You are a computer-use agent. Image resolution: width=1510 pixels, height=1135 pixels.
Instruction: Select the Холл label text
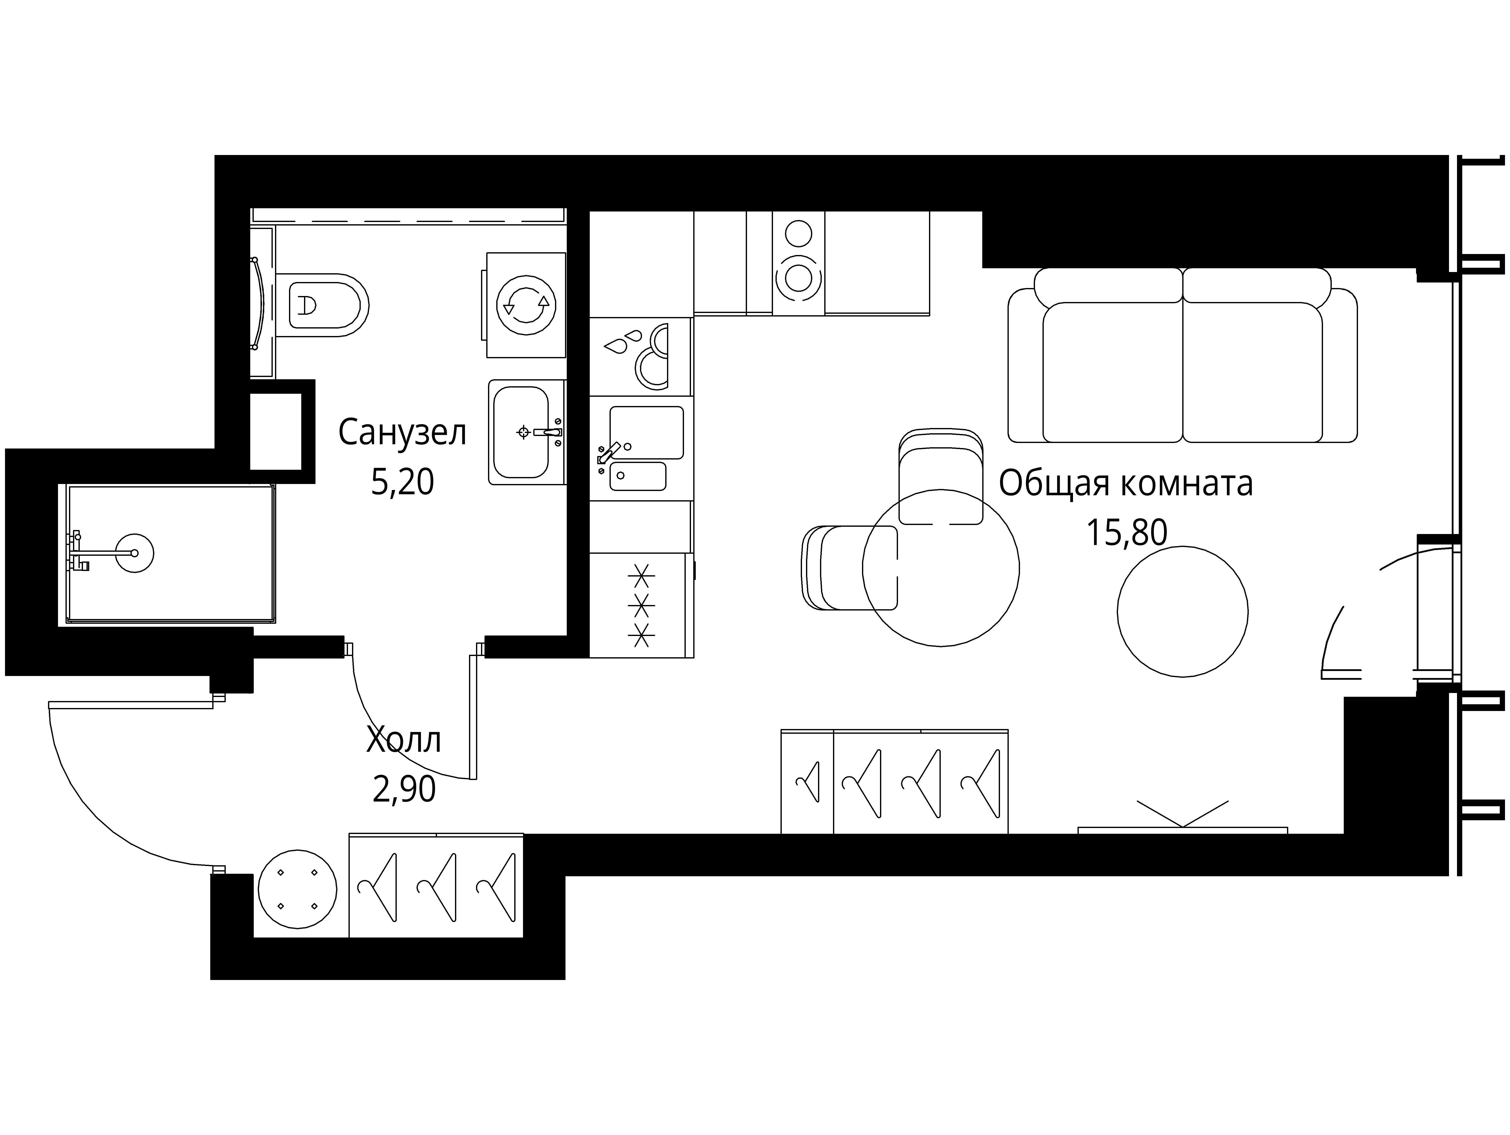pyautogui.click(x=403, y=740)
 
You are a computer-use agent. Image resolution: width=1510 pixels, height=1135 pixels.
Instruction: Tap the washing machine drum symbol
pyautogui.click(x=526, y=304)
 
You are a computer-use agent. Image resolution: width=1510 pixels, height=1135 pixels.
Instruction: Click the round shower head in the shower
pyautogui.click(x=134, y=553)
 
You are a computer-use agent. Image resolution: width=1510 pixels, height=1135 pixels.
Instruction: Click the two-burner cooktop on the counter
pyautogui.click(x=799, y=263)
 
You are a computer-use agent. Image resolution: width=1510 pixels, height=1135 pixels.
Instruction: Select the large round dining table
pyautogui.click(x=941, y=568)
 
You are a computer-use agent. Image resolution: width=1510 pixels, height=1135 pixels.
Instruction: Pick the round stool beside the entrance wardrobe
pyautogui.click(x=298, y=888)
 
